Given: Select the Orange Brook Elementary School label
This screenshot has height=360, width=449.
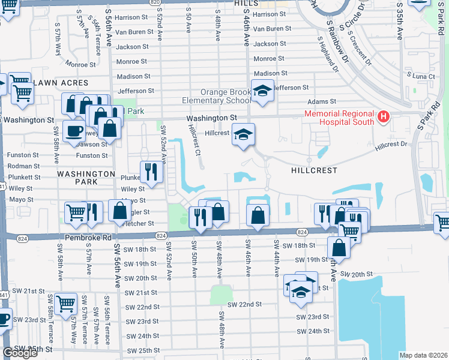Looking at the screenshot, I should coord(217,97).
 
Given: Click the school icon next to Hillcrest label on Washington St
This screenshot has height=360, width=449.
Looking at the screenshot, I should coord(243,134).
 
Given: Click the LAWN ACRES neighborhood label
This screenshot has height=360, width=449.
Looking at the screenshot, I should coord(61,83).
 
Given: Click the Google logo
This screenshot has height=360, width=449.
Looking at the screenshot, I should coord(20,353).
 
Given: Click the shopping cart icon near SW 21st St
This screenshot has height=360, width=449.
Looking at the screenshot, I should coord(65,303).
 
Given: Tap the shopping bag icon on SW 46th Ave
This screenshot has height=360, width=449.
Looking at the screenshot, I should coord(257,215).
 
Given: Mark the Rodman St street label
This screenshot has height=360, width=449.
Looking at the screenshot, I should coord(23,166).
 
